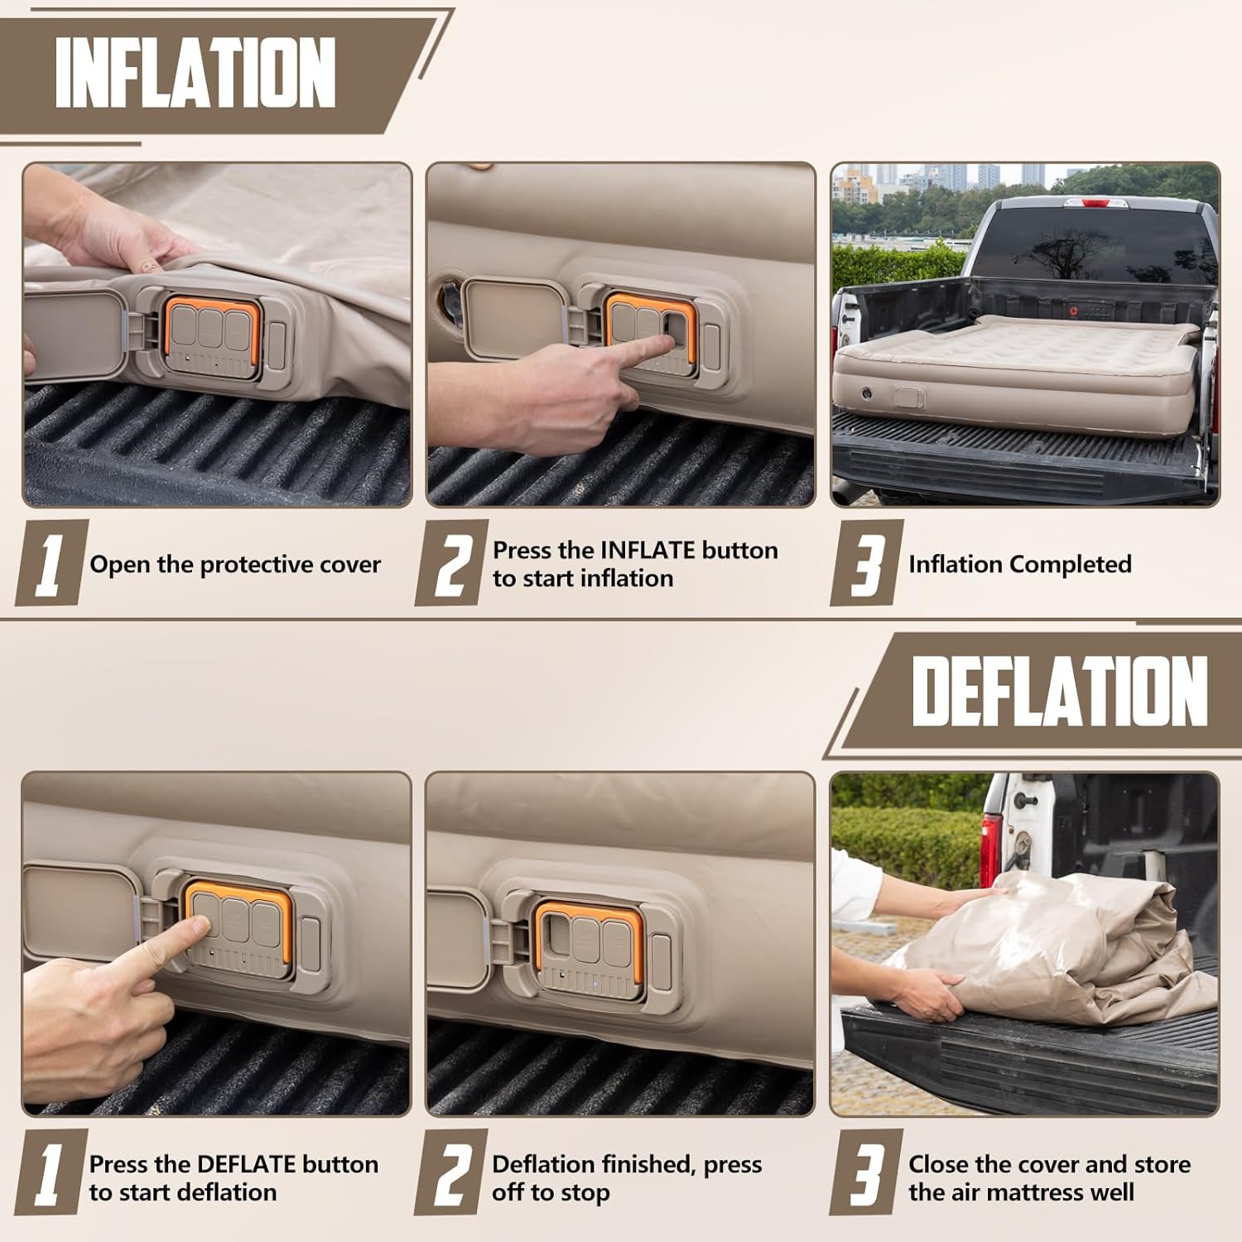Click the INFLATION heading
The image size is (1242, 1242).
tap(195, 72)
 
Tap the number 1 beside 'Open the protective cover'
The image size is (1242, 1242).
tap(51, 564)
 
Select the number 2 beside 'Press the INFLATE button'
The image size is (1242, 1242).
tap(452, 564)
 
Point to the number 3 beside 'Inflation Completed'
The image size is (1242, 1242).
tap(866, 564)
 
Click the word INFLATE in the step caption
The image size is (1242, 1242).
tap(647, 551)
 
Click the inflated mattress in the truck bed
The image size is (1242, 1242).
tap(1018, 356)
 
